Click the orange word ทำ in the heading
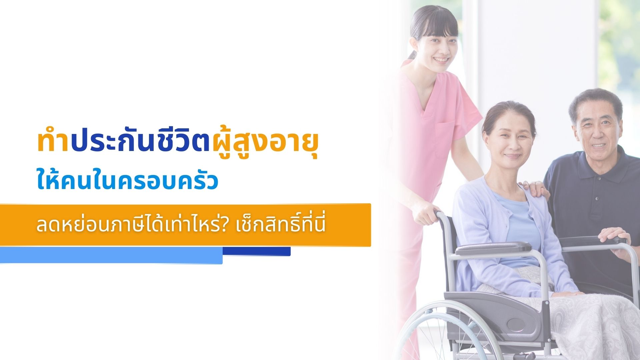(53, 142)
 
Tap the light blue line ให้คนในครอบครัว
(127, 181)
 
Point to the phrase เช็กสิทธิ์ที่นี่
(280, 224)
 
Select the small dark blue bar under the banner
(257, 251)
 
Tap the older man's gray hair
(595, 100)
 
